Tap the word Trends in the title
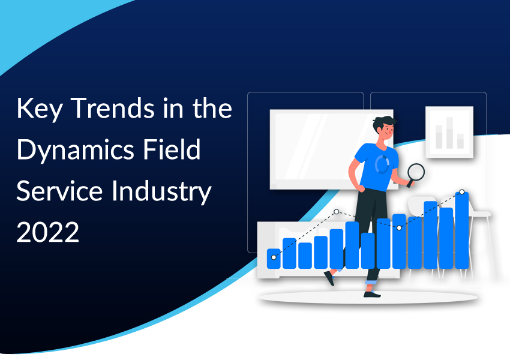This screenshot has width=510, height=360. [x=112, y=108]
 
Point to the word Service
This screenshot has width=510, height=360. [x=59, y=191]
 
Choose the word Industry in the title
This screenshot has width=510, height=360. [x=161, y=192]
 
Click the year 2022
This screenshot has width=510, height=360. [x=48, y=232]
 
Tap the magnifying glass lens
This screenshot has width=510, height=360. [x=416, y=172]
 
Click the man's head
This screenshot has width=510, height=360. [x=385, y=128]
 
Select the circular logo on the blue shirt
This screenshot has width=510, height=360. [x=382, y=164]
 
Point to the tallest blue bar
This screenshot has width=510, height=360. [x=461, y=230]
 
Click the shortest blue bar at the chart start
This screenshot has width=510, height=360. [x=274, y=259]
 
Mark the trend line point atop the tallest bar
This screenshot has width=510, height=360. [x=461, y=192]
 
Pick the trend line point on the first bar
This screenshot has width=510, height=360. [x=274, y=257]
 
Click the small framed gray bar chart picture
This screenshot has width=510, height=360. [x=449, y=132]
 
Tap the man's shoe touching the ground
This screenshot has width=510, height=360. [x=372, y=294]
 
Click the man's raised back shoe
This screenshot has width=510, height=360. [x=329, y=278]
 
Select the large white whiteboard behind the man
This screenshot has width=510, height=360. [x=331, y=149]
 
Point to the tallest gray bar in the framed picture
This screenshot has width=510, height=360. [x=449, y=133]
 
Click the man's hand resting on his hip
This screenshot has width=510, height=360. [x=361, y=188]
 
